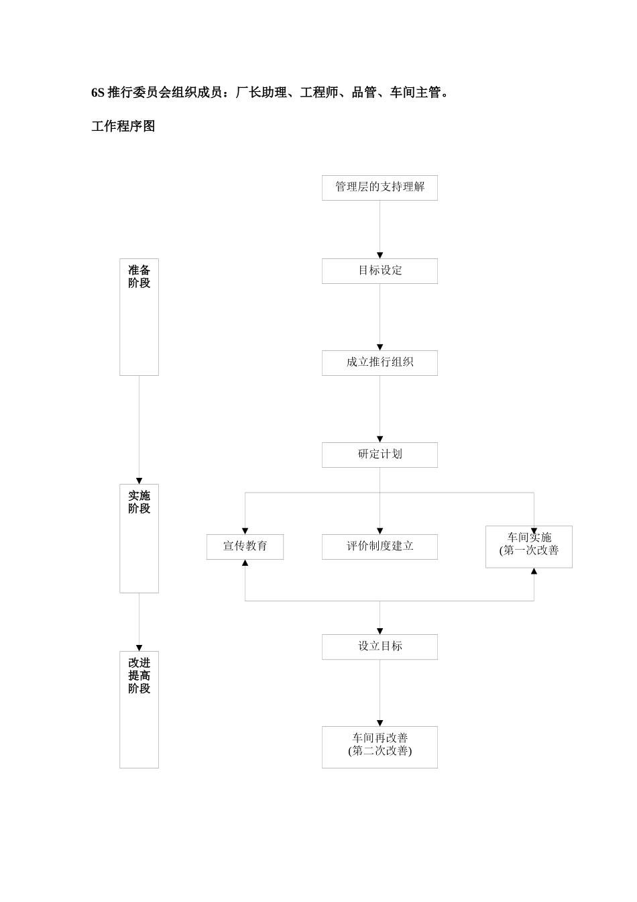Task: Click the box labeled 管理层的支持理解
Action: [380, 187]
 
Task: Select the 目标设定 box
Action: [380, 270]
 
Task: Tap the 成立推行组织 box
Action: [380, 362]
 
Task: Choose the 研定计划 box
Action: [380, 454]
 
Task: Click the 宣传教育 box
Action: [245, 546]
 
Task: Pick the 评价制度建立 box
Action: [380, 546]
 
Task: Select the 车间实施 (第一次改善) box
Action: [528, 546]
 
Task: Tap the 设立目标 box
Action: [380, 646]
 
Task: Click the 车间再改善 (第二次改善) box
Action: [380, 746]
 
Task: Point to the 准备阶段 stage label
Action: [139, 277]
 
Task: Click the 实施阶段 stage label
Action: [139, 502]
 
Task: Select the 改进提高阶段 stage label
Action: [139, 675]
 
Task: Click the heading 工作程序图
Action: [123, 126]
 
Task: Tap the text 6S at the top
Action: [98, 93]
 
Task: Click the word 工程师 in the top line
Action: [319, 93]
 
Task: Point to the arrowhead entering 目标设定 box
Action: [380, 255]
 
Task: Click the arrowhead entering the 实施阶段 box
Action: [139, 481]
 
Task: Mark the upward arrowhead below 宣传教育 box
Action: [245, 563]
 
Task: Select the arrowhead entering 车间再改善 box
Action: [380, 723]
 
